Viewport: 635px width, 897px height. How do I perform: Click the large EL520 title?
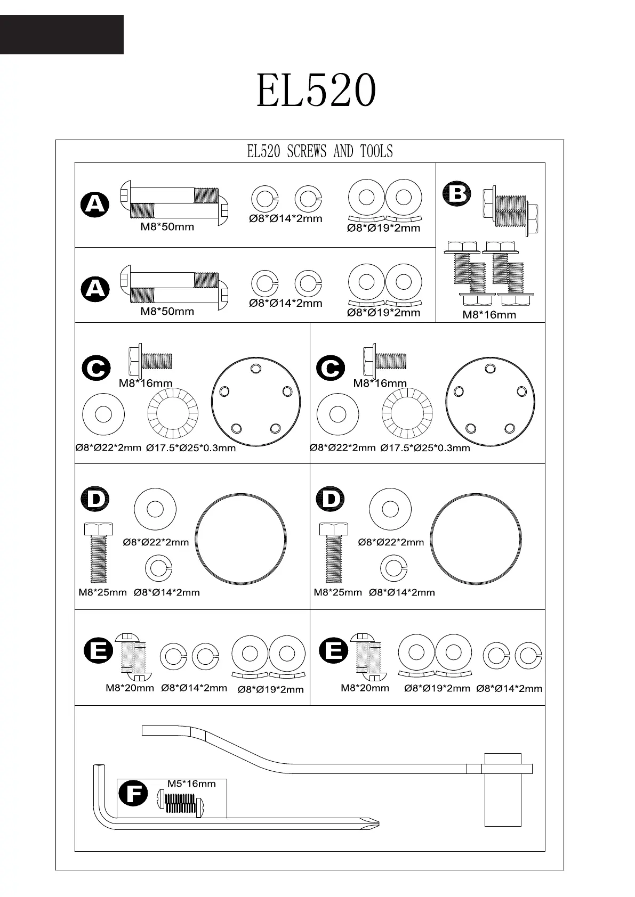(x=317, y=91)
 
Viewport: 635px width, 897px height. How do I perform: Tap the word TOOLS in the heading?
(x=376, y=152)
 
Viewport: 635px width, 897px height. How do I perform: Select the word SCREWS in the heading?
(x=307, y=152)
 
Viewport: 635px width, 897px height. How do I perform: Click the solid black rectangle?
(x=61, y=35)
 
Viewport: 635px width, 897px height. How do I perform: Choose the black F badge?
(x=133, y=794)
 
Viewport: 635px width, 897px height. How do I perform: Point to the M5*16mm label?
(x=191, y=784)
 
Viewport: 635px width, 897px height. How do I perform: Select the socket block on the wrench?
(x=503, y=790)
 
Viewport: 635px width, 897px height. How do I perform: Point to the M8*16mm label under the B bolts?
(x=489, y=315)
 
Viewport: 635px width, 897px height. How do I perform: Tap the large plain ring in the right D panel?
(x=476, y=539)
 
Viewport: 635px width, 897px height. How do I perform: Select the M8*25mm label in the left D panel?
(x=102, y=592)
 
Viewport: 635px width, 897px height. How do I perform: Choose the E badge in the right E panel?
(x=333, y=651)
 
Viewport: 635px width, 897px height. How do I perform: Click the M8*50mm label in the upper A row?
(x=167, y=227)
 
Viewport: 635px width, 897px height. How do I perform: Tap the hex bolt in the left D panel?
(x=99, y=553)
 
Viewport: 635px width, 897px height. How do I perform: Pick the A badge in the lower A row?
(x=95, y=289)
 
